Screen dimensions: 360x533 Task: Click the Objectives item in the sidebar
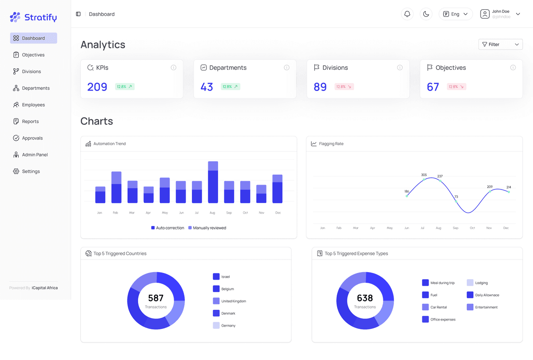[33, 55]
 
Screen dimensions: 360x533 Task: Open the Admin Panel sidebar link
[35, 155]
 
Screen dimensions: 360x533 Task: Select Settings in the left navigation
[31, 171]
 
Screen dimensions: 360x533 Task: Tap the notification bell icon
[407, 14]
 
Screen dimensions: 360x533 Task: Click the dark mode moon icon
[426, 14]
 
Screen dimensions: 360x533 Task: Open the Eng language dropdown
[456, 14]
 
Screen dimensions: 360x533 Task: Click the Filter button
[500, 44]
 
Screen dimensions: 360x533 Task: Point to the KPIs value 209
[97, 87]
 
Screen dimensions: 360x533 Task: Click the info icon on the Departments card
[286, 67]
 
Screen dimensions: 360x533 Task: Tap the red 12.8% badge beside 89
[344, 87]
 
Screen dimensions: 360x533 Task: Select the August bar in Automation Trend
[213, 182]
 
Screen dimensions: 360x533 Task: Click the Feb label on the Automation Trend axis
[115, 213]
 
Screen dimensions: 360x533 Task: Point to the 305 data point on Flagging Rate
[424, 179]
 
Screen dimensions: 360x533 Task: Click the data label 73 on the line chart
[456, 197]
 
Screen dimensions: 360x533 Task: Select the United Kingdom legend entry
[233, 301]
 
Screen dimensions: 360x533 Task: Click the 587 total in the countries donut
[156, 298]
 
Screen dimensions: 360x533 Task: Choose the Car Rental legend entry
[438, 307]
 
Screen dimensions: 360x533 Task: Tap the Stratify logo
[33, 17]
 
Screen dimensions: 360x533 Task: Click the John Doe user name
[501, 12]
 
